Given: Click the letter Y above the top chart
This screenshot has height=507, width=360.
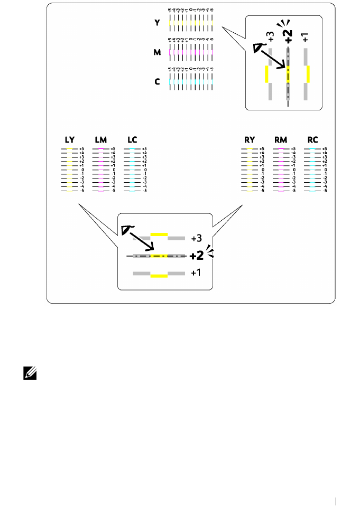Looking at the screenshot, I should click(157, 22).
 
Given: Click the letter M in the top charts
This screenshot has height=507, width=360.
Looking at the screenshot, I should click(157, 52).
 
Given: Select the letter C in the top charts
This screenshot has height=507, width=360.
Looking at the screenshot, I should click(157, 82).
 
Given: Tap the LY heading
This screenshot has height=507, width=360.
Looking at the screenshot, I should click(70, 140).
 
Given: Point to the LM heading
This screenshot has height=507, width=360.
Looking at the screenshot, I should click(100, 140).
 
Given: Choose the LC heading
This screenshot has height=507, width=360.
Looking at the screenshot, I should click(132, 140).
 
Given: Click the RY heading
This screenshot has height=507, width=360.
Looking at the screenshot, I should click(250, 140).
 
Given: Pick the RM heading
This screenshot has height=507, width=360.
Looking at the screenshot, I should click(281, 140).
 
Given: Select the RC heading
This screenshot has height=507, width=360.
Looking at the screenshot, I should click(312, 140).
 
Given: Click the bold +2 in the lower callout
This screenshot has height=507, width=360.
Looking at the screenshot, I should click(197, 256).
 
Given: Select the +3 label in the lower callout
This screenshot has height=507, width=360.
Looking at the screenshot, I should click(198, 238).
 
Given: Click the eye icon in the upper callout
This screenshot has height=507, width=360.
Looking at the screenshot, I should click(259, 48).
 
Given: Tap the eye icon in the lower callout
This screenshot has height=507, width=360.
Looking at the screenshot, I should click(125, 228).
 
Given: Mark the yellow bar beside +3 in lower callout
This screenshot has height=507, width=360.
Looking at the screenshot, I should click(159, 233).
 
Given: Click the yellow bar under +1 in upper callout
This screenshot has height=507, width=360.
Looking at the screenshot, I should click(307, 74).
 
